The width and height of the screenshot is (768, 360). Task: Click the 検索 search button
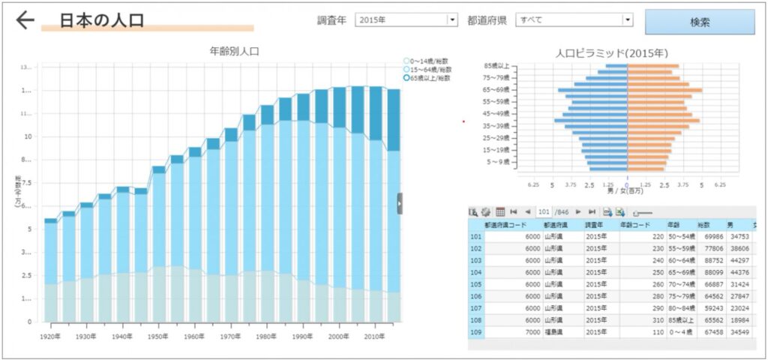[699, 22]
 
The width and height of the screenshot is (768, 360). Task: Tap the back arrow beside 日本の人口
[25, 20]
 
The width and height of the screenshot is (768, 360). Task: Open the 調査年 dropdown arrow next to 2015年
[452, 20]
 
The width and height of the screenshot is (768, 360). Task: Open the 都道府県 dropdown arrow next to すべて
[628, 20]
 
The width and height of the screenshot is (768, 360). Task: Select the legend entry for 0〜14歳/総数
[425, 61]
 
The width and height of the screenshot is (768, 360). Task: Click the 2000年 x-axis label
[340, 337]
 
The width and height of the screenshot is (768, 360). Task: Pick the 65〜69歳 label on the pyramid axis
[496, 90]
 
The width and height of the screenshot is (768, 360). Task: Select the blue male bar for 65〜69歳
[592, 90]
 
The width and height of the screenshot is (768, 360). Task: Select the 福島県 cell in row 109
[554, 331]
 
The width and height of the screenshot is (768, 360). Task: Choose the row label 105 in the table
[475, 284]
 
